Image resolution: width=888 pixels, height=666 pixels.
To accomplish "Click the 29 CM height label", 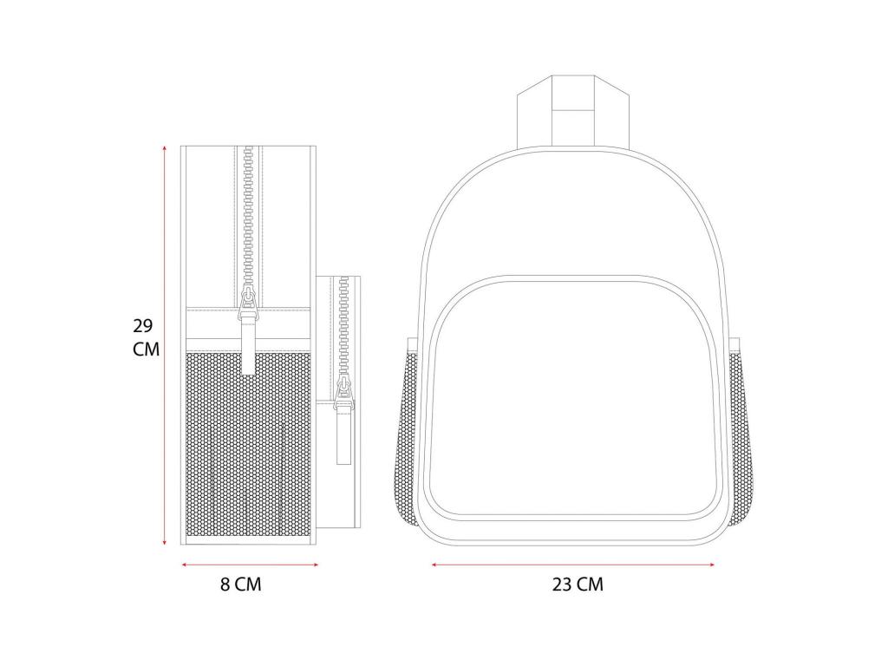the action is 146,337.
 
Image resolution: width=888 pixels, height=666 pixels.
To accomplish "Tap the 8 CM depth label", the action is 241,584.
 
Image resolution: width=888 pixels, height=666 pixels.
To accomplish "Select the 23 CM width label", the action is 578,584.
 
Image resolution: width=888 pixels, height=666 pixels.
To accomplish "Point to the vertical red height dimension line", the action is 165,345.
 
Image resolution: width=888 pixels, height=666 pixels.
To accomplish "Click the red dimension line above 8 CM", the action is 250,565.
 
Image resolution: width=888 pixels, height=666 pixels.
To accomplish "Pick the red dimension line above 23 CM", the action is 572,565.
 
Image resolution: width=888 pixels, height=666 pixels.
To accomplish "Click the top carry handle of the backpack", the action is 573,110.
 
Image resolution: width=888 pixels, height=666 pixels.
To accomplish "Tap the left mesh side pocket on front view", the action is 409,436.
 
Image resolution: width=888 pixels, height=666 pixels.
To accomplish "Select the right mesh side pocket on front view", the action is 741,436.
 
